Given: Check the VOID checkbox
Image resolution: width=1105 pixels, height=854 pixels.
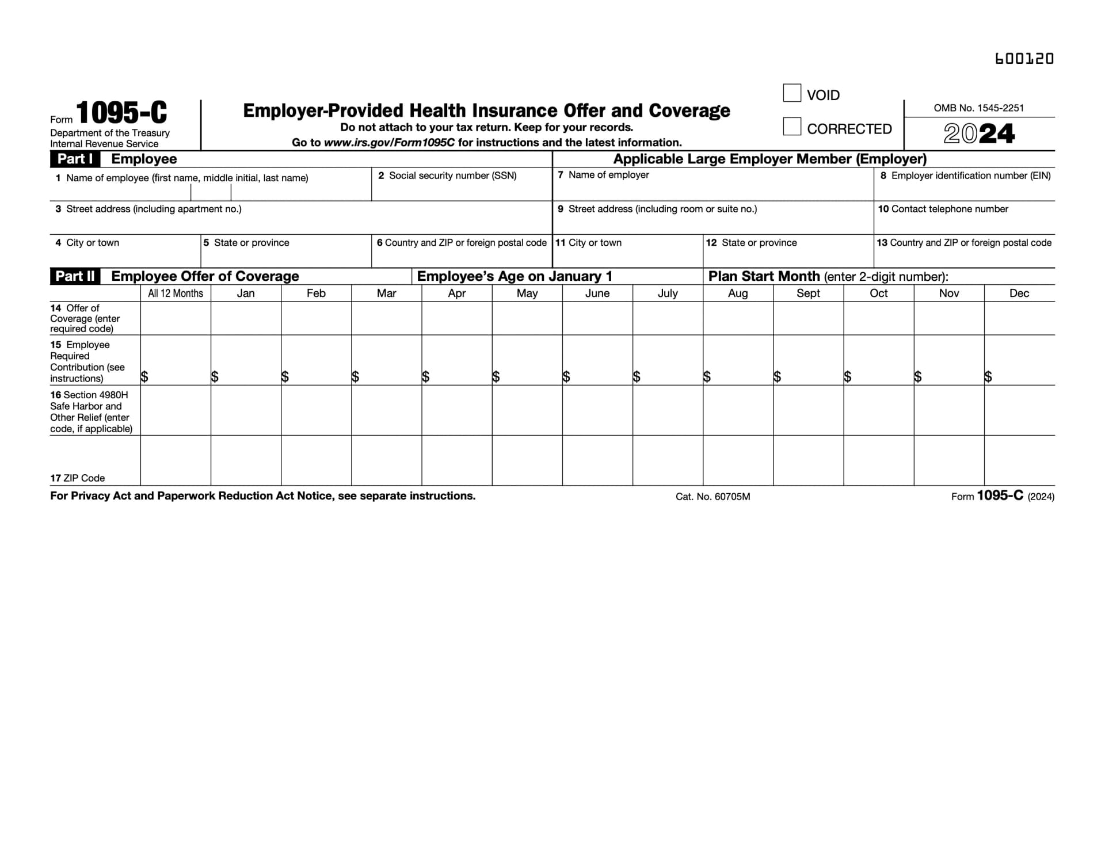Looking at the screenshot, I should click(792, 93).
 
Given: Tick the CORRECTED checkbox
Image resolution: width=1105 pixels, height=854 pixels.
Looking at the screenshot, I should click(792, 127).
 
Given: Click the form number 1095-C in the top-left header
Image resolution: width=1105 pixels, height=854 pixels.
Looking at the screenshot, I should click(121, 113).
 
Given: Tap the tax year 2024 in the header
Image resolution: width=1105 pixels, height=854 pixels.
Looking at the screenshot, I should click(979, 134).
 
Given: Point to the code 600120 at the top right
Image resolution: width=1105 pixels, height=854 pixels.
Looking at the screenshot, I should click(1024, 59).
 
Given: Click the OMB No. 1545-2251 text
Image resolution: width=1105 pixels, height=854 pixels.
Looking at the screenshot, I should click(978, 108).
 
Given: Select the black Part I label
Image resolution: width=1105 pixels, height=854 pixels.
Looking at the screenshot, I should click(75, 159).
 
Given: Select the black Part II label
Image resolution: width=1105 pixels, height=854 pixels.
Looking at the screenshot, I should click(75, 276).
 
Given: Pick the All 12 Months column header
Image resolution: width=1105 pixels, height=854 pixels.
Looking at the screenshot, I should click(176, 293).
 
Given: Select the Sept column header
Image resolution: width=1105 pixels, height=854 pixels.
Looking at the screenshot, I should click(808, 293).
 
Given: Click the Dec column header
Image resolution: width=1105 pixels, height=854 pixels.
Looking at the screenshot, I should click(1019, 293).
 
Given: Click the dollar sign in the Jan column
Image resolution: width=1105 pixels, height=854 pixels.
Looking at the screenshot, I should click(215, 377).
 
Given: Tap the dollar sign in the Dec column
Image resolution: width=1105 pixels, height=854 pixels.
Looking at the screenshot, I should click(988, 377).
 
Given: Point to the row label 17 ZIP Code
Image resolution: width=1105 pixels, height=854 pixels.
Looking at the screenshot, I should click(78, 478).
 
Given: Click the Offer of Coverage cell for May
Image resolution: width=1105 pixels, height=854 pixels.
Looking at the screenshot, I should click(527, 318).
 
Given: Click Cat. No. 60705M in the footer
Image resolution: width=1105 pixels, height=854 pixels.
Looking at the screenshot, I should click(712, 497).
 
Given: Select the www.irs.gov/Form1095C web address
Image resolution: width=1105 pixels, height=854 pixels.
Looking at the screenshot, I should click(389, 143).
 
